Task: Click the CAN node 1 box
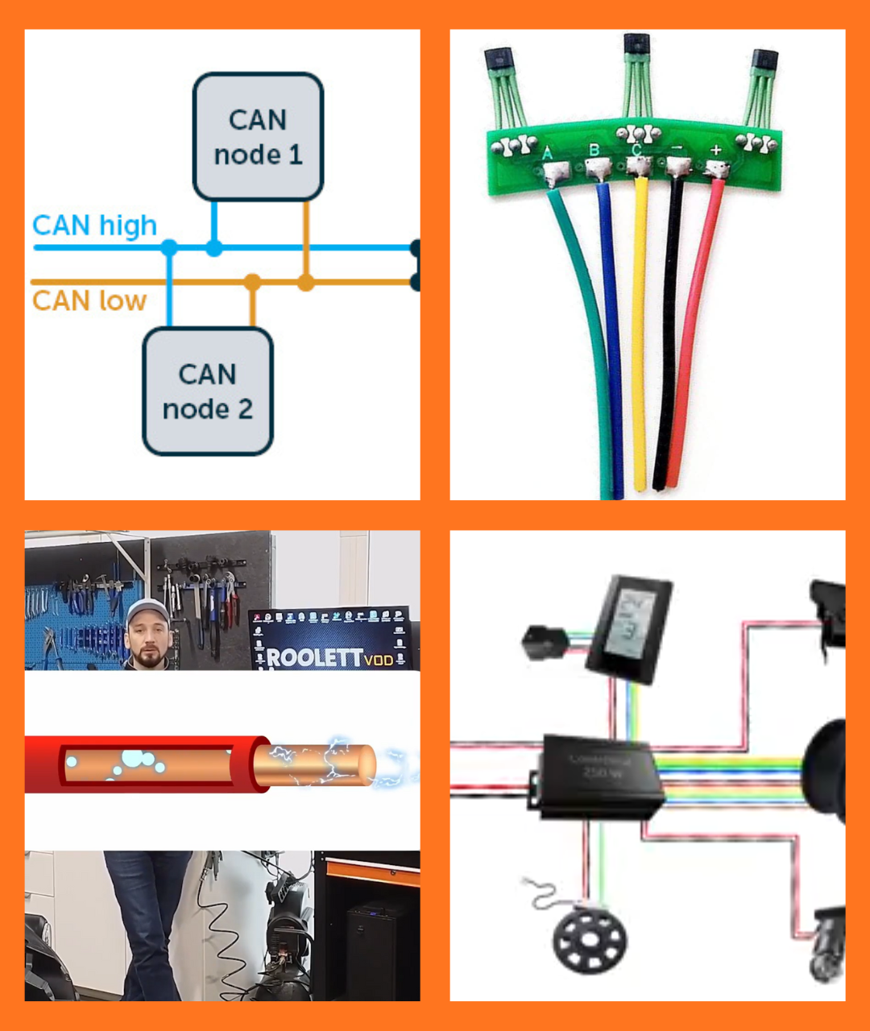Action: click(x=258, y=136)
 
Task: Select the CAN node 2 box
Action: click(x=208, y=391)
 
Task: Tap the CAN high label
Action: click(x=94, y=226)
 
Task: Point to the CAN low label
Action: click(x=89, y=301)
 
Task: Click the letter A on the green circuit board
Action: click(x=547, y=153)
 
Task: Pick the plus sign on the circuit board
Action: click(x=716, y=151)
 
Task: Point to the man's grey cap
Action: click(x=147, y=612)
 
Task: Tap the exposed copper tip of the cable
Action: click(x=314, y=764)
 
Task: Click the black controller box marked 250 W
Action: click(x=600, y=776)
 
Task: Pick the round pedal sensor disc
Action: click(x=590, y=940)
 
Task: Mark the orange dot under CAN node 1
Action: click(x=305, y=283)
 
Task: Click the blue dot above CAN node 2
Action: click(x=169, y=247)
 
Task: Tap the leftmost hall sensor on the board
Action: click(x=499, y=60)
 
